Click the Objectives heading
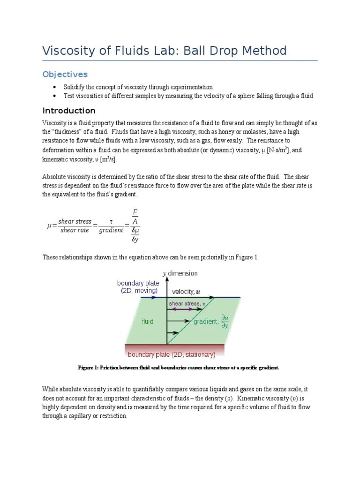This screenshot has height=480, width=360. coord(65,75)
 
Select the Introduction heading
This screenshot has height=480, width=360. coord(69,111)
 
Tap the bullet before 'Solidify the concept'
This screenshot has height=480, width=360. coord(55,87)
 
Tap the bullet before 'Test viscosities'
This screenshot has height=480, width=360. coord(55,96)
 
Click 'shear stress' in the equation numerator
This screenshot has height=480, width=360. coord(76,222)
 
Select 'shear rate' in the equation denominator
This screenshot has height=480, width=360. coord(75,230)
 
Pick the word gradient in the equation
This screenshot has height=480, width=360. coord(111,230)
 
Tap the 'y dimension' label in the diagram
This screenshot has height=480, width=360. coord(180,273)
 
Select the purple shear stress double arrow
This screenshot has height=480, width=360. coord(186,309)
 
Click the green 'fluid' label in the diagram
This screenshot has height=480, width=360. coord(148,322)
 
